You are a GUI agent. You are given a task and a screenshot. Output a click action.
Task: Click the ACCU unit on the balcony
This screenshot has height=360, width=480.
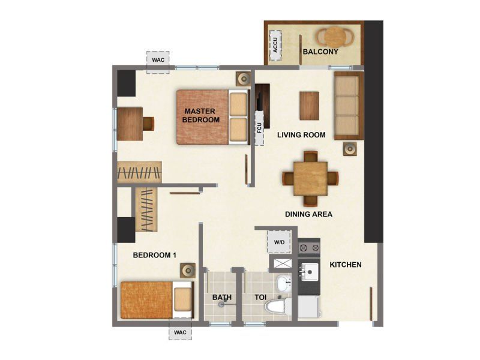(275, 46)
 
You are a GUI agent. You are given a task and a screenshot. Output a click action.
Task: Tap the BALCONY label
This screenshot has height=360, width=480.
(320, 52)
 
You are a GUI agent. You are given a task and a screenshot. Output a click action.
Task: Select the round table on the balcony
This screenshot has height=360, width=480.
(335, 37)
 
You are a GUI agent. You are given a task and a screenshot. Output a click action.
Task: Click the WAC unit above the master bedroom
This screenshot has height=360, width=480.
(158, 62)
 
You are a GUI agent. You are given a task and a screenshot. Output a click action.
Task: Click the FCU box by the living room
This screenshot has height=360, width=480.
(260, 128)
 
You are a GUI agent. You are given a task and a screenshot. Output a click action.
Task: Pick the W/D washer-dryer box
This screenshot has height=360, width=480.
(279, 242)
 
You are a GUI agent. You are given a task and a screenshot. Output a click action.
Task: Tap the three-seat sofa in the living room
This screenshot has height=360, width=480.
(349, 106)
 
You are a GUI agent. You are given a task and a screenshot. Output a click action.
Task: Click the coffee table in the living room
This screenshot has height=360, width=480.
(310, 106)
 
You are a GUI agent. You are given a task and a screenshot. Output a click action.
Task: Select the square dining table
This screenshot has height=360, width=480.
(310, 178)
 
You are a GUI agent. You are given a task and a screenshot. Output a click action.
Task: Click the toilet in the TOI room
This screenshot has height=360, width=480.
(278, 306)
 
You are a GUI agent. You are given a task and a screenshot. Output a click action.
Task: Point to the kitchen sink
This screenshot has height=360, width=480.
(309, 272)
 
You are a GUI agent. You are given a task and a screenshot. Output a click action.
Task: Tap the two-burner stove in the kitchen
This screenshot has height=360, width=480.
(309, 247)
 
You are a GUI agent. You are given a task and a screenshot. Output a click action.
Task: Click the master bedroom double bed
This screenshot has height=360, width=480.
(213, 117)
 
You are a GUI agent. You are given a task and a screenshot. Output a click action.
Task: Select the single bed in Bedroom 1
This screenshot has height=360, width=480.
(157, 300)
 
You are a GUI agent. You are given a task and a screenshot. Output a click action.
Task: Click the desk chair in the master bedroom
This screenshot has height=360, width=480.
(148, 124)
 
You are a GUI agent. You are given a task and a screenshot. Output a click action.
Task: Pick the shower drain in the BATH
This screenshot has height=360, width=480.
(221, 305)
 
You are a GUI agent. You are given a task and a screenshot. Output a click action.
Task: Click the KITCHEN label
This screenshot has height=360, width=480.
(346, 265)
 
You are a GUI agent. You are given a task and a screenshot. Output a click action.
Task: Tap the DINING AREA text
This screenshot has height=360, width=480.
(308, 214)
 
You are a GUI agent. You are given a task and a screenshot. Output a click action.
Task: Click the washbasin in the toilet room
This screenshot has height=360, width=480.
(284, 283)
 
